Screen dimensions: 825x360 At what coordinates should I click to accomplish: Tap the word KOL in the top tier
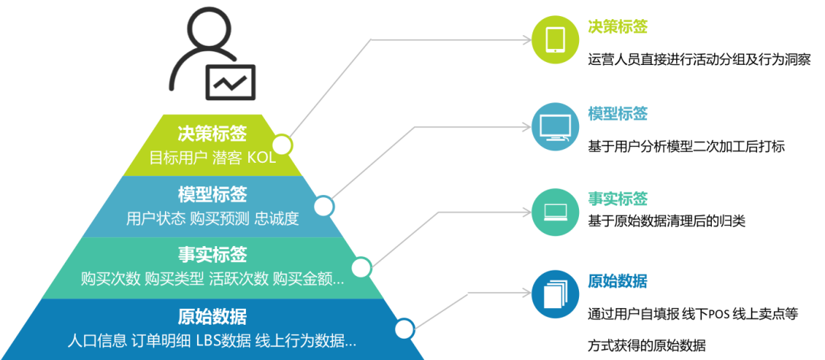tap(261, 158)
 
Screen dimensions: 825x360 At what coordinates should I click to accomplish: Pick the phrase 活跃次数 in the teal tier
tap(238, 279)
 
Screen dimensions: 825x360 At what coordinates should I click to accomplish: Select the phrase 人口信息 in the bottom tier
tap(97, 340)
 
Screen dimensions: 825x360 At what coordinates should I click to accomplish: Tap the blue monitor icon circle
tap(555, 126)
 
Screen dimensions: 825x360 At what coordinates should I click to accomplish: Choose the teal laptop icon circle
tap(555, 212)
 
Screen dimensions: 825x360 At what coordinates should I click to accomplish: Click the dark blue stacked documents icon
tap(555, 294)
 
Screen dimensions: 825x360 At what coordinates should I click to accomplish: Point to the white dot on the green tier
tap(282, 144)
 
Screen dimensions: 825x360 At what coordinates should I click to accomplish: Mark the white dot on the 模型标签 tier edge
tap(324, 206)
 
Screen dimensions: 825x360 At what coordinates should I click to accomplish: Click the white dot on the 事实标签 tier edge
tap(361, 268)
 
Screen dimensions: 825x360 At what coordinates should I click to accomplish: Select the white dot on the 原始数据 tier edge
tap(403, 329)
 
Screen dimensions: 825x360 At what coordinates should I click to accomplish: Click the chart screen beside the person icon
tap(230, 81)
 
